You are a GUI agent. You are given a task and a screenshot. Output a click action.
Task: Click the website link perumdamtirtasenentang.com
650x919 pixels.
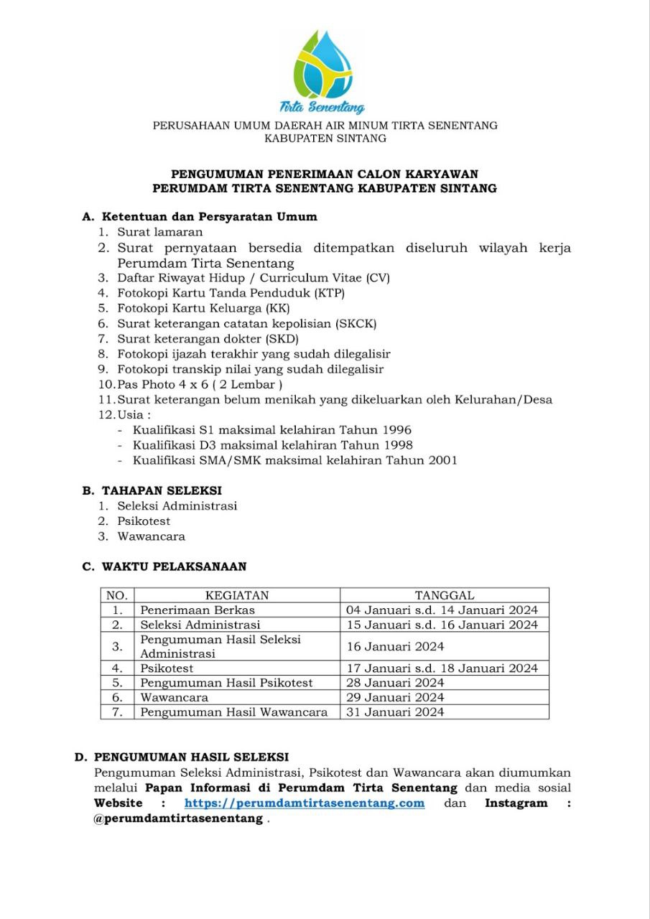[x=305, y=803]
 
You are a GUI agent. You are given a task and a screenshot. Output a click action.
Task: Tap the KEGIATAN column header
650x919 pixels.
[x=237, y=595]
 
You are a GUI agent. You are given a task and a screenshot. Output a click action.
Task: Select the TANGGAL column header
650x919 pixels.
[x=445, y=595]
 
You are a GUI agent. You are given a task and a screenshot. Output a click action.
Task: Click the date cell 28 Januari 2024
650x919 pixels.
[x=395, y=683]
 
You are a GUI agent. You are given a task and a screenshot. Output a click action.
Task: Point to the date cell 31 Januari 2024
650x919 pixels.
[x=395, y=712]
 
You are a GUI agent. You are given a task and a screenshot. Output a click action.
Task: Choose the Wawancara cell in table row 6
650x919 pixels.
[x=175, y=697]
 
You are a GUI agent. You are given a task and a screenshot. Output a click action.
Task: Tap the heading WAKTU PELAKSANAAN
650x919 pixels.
[x=174, y=566]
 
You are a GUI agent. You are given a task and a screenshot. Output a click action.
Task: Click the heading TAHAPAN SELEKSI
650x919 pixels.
[x=162, y=491]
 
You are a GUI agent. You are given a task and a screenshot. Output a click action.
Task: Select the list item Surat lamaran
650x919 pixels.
[x=160, y=232]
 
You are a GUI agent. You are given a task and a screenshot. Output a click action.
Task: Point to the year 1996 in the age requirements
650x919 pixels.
[x=396, y=430]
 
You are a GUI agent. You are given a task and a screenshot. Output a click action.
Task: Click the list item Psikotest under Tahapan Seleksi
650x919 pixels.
[x=144, y=521]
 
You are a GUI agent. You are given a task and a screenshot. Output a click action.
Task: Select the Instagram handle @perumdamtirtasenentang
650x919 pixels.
[x=178, y=818]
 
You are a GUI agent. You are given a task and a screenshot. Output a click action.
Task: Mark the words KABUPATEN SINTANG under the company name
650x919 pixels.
[x=325, y=139]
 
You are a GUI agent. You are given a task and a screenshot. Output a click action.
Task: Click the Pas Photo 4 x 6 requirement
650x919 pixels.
[x=200, y=384]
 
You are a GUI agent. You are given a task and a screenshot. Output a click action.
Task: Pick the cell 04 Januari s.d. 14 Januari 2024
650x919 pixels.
[x=442, y=610]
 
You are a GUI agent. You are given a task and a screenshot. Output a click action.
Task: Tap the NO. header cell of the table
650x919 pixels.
[x=116, y=595]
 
